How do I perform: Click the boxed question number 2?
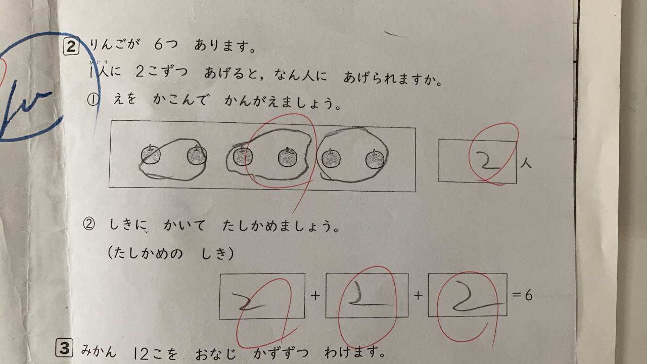point(71,47)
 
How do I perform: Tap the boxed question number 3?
point(64,348)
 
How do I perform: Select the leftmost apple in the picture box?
point(151,155)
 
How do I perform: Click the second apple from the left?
point(197,155)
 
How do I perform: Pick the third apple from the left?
point(243,156)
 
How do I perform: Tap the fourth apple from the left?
point(288,157)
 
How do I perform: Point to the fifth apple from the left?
point(331,158)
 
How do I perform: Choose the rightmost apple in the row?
point(375,159)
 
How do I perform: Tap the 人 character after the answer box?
point(526,164)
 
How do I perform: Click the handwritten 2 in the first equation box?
point(248,301)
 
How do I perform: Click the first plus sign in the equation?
point(315,296)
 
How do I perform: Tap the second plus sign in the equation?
point(418,295)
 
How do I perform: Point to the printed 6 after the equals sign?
point(529,295)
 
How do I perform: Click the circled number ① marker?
point(93,100)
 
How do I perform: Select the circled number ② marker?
point(88,224)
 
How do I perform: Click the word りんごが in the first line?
point(114,45)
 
